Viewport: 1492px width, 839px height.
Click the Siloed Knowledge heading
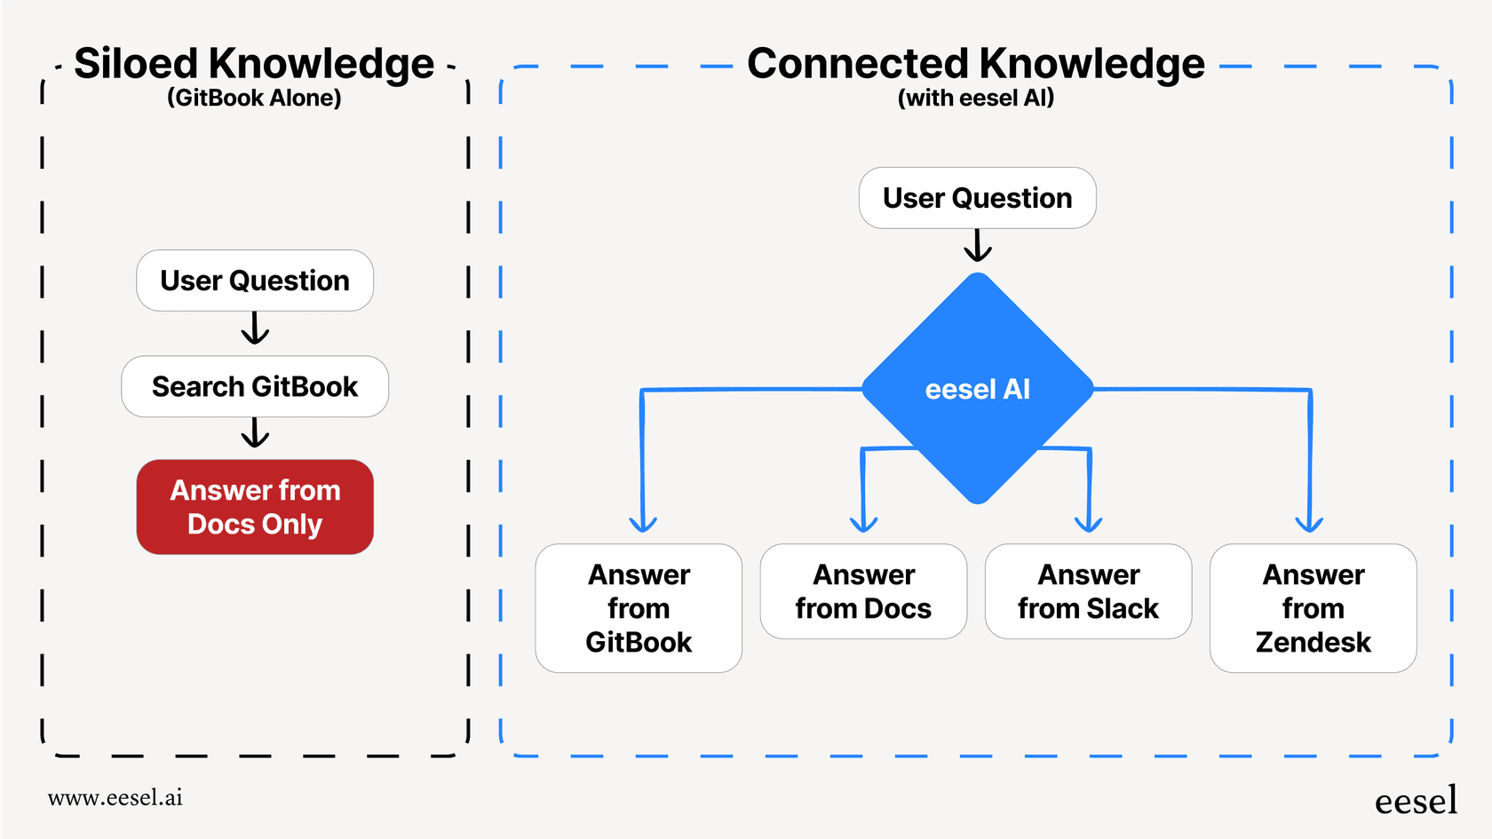click(254, 64)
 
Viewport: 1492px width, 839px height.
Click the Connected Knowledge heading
click(975, 64)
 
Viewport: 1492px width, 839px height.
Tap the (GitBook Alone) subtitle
click(254, 98)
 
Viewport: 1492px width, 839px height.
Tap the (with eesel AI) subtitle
click(975, 98)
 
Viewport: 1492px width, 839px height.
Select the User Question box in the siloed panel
click(255, 281)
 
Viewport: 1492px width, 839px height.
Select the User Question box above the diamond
click(977, 198)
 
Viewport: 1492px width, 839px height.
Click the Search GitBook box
click(255, 386)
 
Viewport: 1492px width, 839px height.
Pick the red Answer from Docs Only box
click(255, 507)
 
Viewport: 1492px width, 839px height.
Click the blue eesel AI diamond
click(977, 389)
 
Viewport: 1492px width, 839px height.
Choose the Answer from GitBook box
click(639, 608)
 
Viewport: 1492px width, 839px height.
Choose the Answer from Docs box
click(863, 591)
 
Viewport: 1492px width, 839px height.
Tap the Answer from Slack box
click(1088, 591)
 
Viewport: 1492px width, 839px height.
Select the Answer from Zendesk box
click(1313, 608)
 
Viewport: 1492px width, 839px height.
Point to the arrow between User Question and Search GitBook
click(255, 328)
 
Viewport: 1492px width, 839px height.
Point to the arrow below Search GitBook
click(255, 433)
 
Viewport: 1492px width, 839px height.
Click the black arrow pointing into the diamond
click(977, 246)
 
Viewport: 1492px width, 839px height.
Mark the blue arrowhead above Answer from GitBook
click(642, 523)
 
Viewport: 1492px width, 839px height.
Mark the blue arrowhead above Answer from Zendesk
click(1309, 523)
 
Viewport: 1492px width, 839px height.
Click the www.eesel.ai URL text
click(115, 797)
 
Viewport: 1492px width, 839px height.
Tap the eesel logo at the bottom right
click(1416, 801)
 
